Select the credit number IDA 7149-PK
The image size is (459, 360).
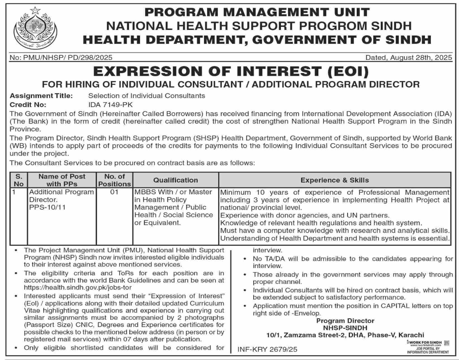pyautogui.click(x=110, y=105)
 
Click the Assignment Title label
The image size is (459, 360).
pyautogui.click(x=41, y=96)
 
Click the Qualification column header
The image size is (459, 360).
pyautogui.click(x=176, y=180)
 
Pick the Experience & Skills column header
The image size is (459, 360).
pyautogui.click(x=335, y=180)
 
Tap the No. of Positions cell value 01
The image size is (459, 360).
pyautogui.click(x=114, y=192)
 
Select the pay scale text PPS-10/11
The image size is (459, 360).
pyautogui.click(x=47, y=208)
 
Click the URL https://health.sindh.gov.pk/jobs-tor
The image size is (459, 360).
pyautogui.click(x=78, y=288)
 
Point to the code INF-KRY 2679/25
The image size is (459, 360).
pyautogui.click(x=267, y=349)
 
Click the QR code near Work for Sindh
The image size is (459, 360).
pyautogui.click(x=446, y=343)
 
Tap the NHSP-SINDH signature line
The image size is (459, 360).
pyautogui.click(x=345, y=328)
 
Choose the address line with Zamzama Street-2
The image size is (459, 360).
pyautogui.click(x=345, y=335)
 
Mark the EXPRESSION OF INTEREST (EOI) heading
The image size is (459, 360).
pyautogui.click(x=231, y=71)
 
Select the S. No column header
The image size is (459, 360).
pyautogui.click(x=19, y=180)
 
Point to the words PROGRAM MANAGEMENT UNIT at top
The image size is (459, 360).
pyautogui.click(x=257, y=12)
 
